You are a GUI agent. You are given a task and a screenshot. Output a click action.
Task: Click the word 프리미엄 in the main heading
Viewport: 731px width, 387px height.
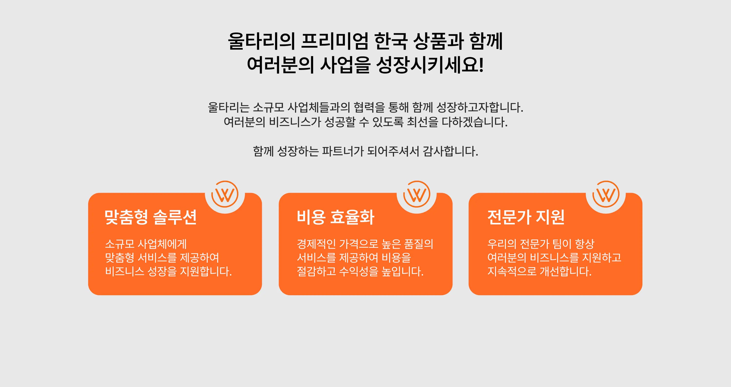click(335, 41)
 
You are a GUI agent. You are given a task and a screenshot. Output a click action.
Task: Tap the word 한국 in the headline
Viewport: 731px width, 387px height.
click(391, 41)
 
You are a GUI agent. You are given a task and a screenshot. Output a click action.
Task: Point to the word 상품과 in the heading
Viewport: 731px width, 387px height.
click(438, 41)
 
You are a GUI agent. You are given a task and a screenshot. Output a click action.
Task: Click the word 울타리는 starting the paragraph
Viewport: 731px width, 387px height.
click(229, 107)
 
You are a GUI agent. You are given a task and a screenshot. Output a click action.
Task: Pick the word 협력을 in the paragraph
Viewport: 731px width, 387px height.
click(369, 107)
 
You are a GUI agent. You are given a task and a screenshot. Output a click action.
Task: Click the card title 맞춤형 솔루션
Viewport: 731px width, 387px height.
click(151, 217)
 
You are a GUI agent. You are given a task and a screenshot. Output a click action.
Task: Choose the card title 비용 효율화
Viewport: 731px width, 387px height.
click(336, 217)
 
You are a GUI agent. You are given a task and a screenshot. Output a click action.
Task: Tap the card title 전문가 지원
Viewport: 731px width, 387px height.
click(526, 217)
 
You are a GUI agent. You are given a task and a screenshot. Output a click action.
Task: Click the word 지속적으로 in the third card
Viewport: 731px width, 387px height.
click(512, 271)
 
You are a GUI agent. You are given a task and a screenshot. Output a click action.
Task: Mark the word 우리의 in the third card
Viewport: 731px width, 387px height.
click(502, 244)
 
